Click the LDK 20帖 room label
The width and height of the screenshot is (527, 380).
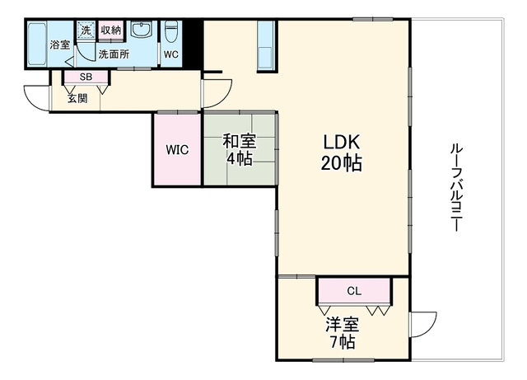tap(341, 152)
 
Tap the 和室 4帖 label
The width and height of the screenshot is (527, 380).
tap(240, 149)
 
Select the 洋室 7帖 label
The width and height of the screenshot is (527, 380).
tap(343, 333)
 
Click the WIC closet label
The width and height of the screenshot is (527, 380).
tap(177, 150)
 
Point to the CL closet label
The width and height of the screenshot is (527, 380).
tap(354, 291)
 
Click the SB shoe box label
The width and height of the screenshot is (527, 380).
tap(86, 77)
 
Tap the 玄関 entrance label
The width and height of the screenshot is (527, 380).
tap(77, 99)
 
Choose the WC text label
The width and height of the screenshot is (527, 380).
tap(171, 54)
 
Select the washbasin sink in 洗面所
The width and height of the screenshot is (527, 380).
tap(142, 30)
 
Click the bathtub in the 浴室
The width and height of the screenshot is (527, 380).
tap(36, 44)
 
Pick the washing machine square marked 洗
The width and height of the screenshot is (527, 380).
tap(86, 30)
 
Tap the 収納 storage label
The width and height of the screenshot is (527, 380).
tap(111, 30)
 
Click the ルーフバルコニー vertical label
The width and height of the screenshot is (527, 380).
tap(456, 187)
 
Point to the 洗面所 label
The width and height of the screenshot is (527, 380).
tap(114, 54)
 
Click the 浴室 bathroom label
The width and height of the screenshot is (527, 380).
tap(60, 45)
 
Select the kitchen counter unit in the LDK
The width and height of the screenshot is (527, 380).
tap(266, 45)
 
